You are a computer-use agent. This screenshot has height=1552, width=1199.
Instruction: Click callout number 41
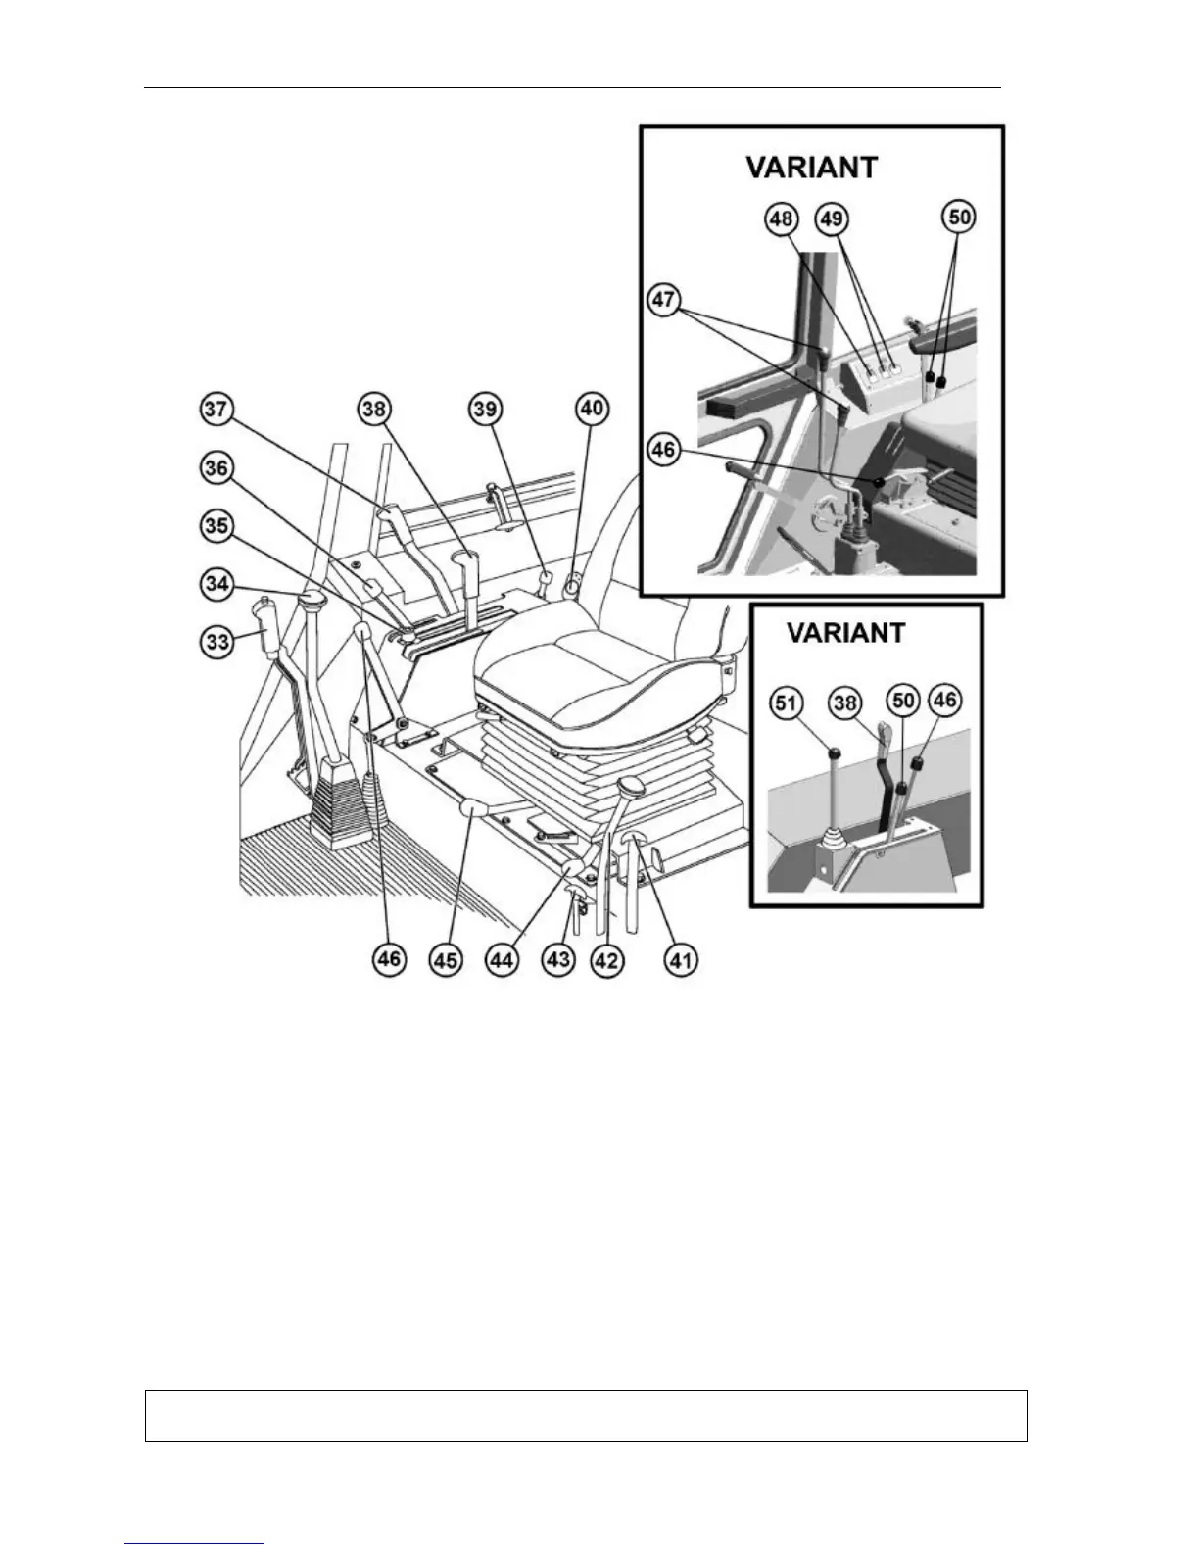click(x=682, y=960)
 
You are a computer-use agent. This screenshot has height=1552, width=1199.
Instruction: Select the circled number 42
click(x=607, y=960)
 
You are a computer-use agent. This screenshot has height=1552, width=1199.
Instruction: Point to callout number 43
click(x=558, y=960)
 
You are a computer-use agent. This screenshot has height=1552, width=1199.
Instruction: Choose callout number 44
click(x=503, y=960)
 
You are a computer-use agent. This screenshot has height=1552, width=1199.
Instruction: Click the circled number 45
click(x=447, y=960)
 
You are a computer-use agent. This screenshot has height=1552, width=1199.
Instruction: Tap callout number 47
click(x=664, y=300)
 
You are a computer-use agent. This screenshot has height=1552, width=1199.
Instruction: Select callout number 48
click(x=782, y=218)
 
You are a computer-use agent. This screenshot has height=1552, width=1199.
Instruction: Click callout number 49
click(x=833, y=218)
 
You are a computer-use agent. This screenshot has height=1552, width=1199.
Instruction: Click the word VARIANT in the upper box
click(x=812, y=167)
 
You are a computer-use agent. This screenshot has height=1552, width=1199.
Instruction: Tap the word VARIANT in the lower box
click(x=846, y=632)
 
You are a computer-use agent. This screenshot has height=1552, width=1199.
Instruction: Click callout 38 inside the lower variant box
click(x=845, y=702)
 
